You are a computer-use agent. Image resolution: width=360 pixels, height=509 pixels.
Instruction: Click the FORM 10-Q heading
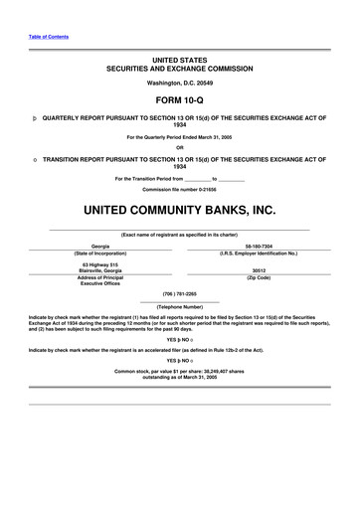coord(180,101)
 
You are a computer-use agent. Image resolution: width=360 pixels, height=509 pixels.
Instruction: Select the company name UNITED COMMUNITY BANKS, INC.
coord(180,211)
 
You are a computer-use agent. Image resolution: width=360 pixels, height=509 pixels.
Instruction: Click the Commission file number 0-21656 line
coord(180,188)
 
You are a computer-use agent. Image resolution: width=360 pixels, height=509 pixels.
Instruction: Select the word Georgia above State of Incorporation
coord(100,245)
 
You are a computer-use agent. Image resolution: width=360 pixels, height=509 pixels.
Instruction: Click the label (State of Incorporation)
coord(100,254)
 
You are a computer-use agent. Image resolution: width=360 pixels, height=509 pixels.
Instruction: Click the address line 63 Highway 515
coord(100,264)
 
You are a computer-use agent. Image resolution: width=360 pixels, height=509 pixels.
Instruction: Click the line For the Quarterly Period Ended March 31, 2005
coord(180,136)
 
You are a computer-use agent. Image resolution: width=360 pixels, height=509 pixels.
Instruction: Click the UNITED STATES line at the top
coord(180,62)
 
